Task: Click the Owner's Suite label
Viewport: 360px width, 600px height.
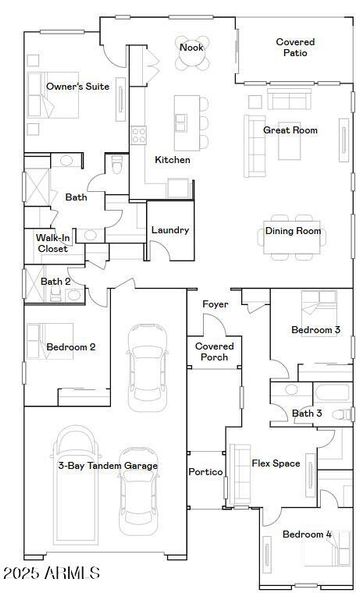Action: [78, 87]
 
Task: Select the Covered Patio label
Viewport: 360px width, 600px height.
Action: [295, 47]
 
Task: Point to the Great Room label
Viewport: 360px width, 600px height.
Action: [290, 130]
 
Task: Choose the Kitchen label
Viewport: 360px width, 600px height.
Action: [172, 160]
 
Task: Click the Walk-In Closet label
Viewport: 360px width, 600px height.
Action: [52, 243]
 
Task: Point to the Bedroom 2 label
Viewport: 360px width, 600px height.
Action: [71, 347]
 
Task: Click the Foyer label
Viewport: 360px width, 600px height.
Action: [215, 304]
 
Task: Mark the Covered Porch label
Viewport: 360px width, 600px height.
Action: [213, 350]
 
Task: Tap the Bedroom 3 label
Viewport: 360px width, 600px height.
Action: [316, 330]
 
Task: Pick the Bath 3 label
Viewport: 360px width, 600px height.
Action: [307, 413]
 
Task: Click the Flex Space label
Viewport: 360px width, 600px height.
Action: [276, 463]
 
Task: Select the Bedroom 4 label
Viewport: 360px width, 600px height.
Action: [307, 535]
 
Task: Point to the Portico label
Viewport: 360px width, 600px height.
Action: [205, 471]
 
